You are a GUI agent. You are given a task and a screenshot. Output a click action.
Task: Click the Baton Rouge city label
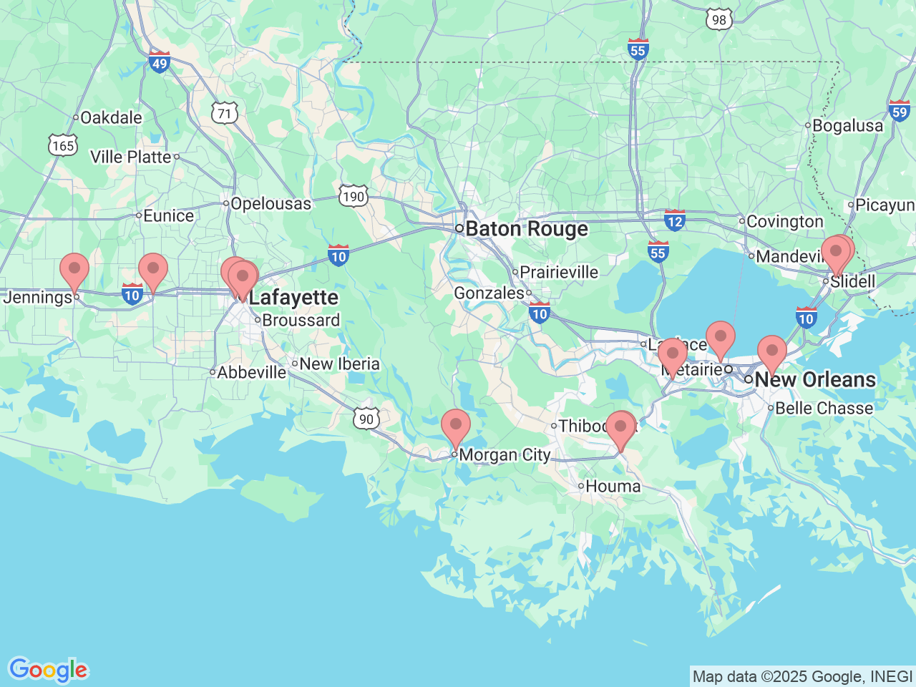click(527, 229)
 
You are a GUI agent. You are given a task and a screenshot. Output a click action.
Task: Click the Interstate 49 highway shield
click(160, 62)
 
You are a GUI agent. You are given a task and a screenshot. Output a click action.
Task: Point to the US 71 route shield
click(225, 113)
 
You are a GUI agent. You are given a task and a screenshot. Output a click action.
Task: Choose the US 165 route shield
click(63, 145)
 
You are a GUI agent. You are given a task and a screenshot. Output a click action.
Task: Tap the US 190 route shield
click(353, 196)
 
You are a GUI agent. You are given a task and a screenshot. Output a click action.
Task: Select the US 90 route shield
click(366, 419)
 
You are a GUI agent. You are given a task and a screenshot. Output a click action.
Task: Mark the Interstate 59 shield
click(900, 110)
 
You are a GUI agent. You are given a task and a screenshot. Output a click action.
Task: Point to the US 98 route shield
click(718, 19)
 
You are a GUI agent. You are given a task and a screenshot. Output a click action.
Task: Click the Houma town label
click(613, 487)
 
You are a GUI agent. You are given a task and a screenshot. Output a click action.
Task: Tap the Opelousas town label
click(271, 204)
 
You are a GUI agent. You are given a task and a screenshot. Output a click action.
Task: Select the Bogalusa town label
click(847, 126)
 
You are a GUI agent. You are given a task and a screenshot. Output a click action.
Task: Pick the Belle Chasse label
click(824, 409)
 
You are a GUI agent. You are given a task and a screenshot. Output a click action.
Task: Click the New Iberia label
click(339, 364)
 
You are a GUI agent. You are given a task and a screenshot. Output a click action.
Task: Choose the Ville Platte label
click(131, 157)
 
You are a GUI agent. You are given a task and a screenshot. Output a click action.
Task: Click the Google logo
click(48, 671)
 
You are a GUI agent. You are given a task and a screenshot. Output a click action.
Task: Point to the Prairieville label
click(558, 273)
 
